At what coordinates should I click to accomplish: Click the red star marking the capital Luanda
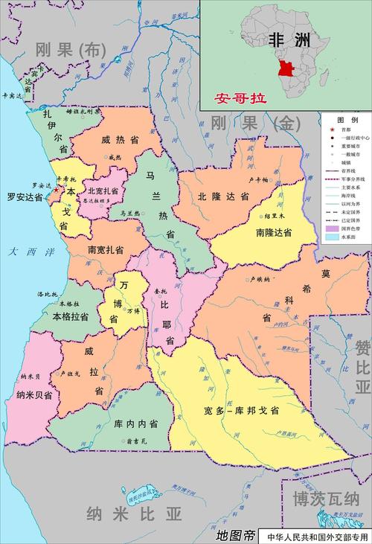click(55, 190)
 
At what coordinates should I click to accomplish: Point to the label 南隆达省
click(274, 233)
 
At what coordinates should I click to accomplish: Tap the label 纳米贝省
click(33, 397)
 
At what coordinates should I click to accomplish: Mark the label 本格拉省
click(71, 316)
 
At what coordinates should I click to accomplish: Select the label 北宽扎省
click(103, 190)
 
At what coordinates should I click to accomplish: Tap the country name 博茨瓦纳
click(326, 499)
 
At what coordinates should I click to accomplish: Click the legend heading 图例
click(347, 120)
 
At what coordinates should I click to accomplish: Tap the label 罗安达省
click(25, 198)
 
